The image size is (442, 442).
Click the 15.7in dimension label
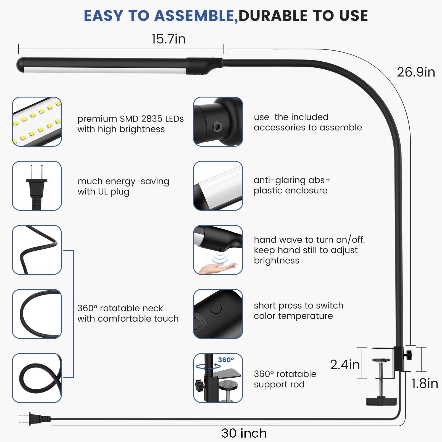click(x=169, y=39)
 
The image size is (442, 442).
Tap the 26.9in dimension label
click(x=416, y=72)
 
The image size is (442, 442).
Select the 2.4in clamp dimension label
click(x=345, y=365)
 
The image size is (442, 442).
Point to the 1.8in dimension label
click(x=425, y=383)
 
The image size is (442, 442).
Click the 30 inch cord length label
click(x=244, y=433)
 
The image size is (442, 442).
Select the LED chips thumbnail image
click(x=37, y=122)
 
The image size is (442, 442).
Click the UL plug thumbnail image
click(x=37, y=186)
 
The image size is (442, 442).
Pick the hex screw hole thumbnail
click(x=218, y=122)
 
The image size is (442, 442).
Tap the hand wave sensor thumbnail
click(x=218, y=250)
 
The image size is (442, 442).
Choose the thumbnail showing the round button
click(x=218, y=314)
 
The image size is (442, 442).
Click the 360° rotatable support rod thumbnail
click(x=218, y=378)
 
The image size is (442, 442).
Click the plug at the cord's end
click(x=36, y=418)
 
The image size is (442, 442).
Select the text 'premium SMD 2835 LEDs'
click(x=130, y=119)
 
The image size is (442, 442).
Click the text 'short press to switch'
click(x=298, y=306)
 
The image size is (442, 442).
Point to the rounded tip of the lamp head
click(x=21, y=65)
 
